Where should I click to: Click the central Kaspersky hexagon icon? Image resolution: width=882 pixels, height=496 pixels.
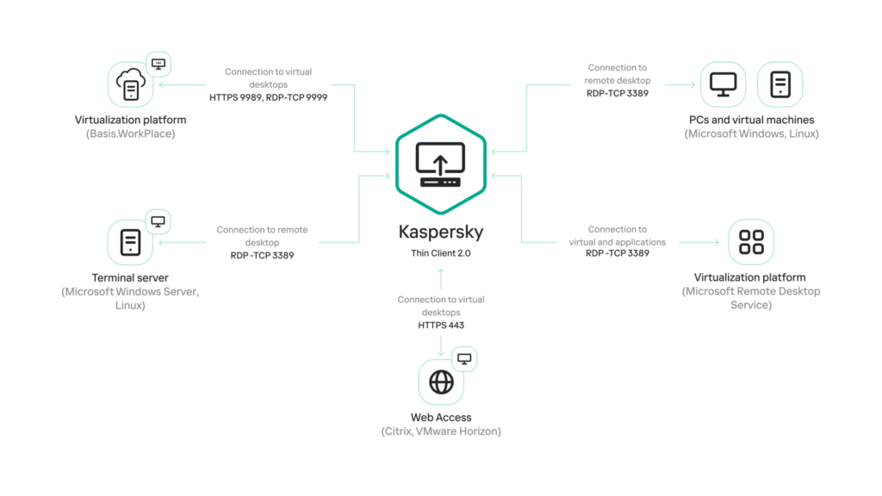point(441,164)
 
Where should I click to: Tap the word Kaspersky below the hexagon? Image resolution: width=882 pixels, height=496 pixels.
point(441,232)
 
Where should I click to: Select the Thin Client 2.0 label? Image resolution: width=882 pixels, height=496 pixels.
point(441,253)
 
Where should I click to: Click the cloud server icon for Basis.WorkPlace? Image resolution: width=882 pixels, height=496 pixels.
point(131,84)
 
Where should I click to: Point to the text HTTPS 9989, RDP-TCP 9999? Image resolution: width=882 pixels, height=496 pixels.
point(269,97)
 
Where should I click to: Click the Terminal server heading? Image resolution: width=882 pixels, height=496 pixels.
point(130,278)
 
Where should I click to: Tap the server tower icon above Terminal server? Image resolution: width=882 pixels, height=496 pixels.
point(131,242)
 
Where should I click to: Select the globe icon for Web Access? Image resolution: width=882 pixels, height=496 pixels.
point(441,381)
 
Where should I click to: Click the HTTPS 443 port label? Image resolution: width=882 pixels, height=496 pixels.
point(441,325)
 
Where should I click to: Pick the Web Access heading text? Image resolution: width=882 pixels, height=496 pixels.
point(441,418)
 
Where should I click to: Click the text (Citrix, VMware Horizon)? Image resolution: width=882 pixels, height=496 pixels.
point(441,431)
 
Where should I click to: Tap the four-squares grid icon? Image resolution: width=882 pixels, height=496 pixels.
point(751,242)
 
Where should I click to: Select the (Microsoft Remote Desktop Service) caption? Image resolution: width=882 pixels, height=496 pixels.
point(751,298)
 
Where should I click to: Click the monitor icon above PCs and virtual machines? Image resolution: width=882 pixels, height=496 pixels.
point(724,84)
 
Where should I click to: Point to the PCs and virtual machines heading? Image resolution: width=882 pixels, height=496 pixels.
point(751,120)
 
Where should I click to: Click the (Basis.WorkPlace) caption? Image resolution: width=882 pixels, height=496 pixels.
point(131,133)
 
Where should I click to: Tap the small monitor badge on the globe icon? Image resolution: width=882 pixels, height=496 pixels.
point(464,359)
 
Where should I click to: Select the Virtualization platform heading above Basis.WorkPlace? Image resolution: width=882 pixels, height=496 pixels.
point(131,120)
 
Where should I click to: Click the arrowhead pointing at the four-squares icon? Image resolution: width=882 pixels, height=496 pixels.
point(717,242)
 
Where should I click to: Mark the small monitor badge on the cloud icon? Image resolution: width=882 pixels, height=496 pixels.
point(158,64)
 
